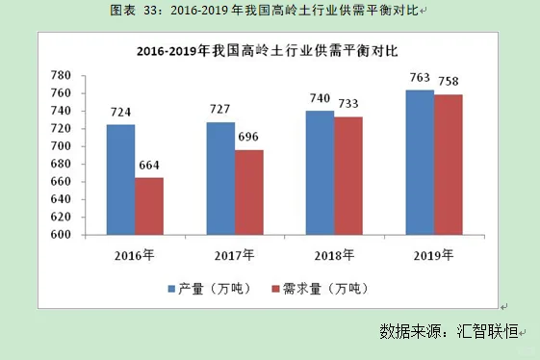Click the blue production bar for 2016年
pos(120,179)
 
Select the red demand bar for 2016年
pos(149,206)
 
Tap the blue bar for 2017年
pos(220,178)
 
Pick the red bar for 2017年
pos(249,192)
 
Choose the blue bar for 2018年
pos(321,172)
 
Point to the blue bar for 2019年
pos(420,162)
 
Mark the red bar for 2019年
pos(449,165)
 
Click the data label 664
pos(149,166)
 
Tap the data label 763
pos(420,77)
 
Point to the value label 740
pos(321,98)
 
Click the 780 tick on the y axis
pos(61,75)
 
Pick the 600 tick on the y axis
pos(61,234)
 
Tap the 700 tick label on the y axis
pos(61,145)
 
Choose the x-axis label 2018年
pos(335,255)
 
